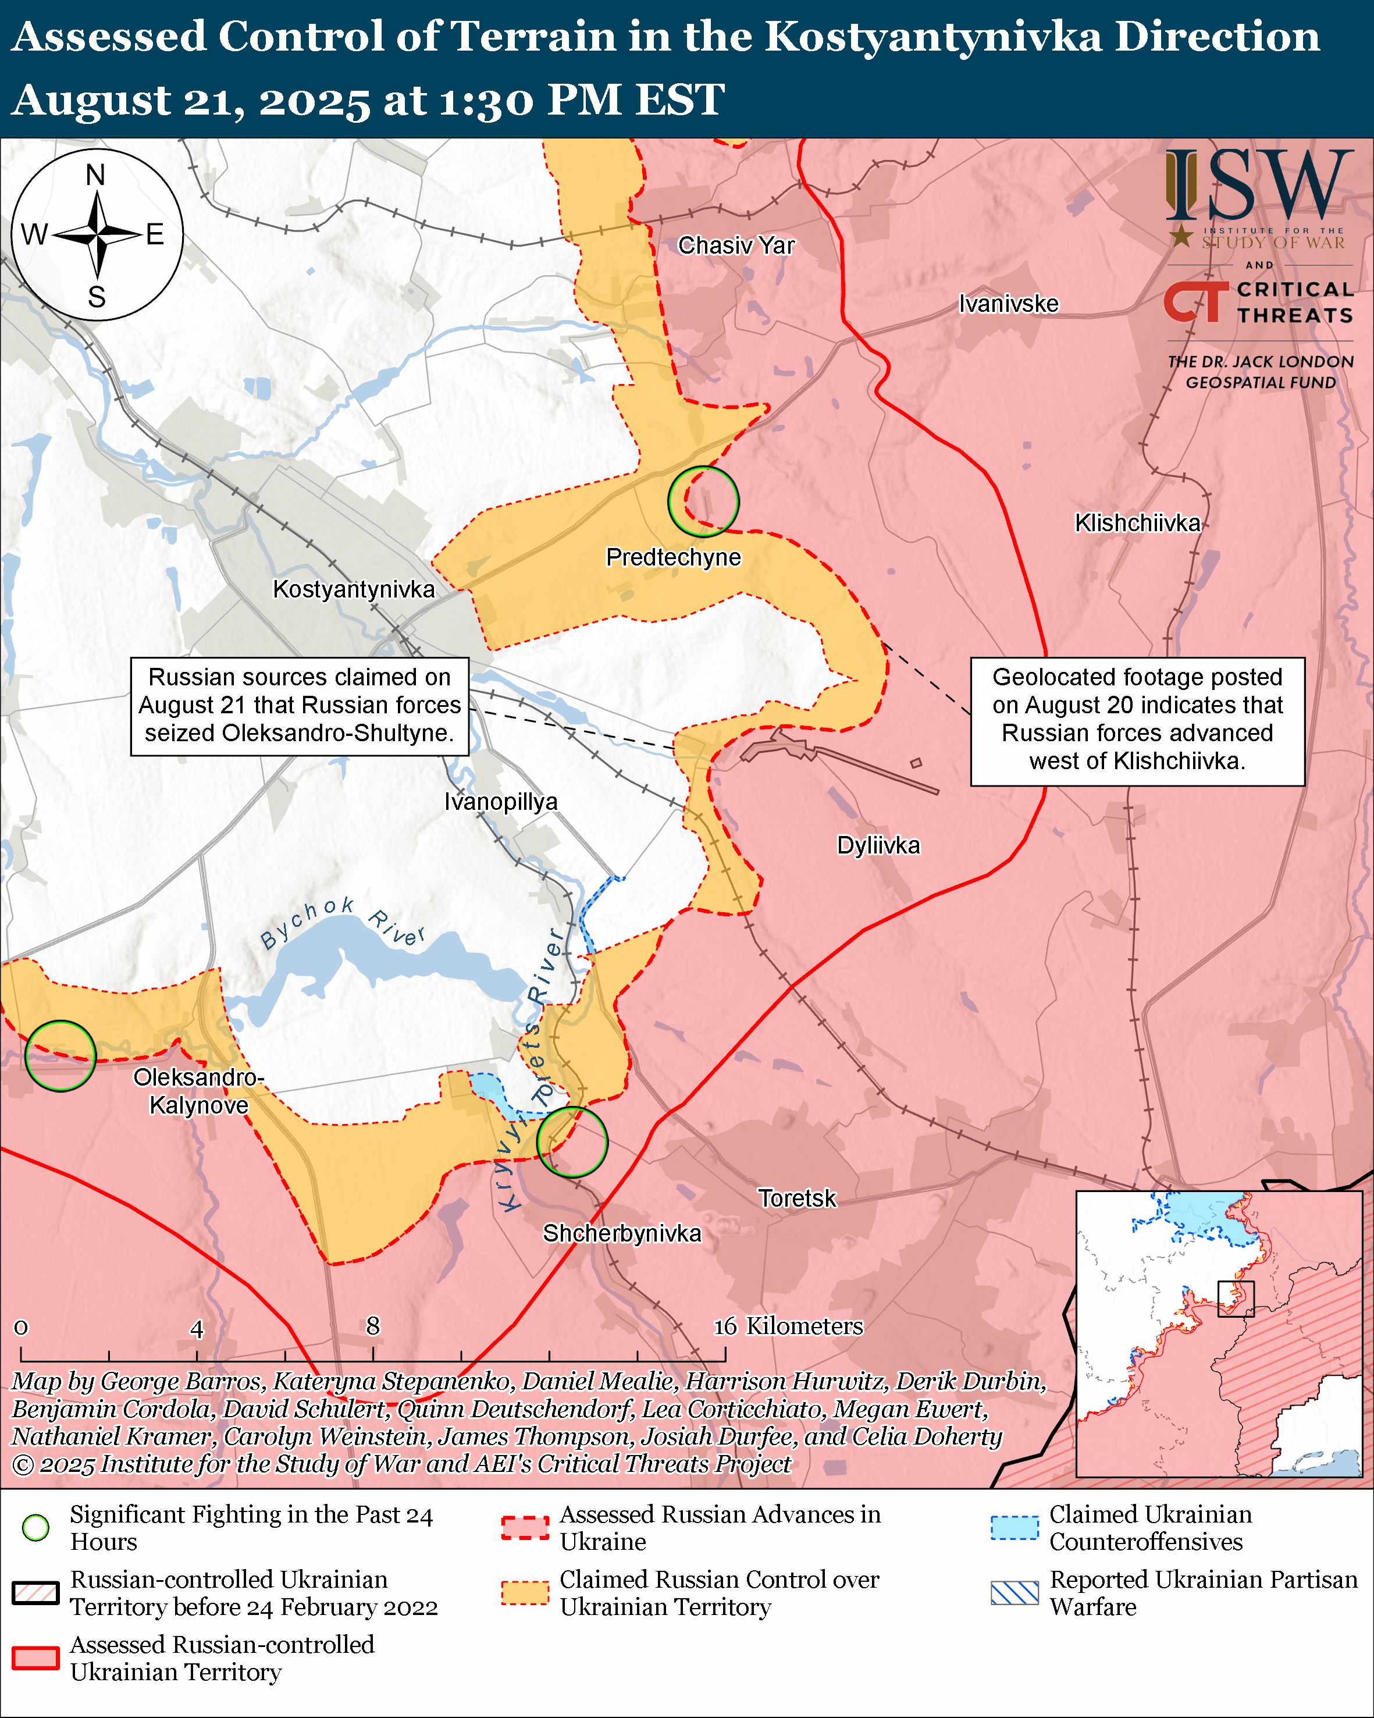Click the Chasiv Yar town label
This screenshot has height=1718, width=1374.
(736, 246)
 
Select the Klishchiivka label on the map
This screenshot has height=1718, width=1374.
(1137, 523)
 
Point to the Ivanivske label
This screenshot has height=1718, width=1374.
(1009, 304)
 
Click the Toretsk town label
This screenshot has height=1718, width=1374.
(796, 1198)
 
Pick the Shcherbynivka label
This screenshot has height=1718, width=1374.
(622, 1233)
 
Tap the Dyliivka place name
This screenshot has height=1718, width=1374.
(878, 845)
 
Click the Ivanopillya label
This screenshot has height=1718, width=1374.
(501, 801)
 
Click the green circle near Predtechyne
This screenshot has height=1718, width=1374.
(703, 501)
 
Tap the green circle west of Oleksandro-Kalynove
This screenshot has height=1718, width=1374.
(60, 1056)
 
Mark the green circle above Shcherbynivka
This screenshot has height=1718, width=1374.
(572, 1142)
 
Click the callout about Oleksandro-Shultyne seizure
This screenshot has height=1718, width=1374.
(300, 705)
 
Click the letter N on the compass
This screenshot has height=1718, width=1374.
(95, 175)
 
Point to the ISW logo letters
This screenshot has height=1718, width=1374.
(1258, 186)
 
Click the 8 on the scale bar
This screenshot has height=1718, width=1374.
(373, 1326)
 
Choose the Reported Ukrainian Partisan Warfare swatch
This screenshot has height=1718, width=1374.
(1014, 1592)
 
